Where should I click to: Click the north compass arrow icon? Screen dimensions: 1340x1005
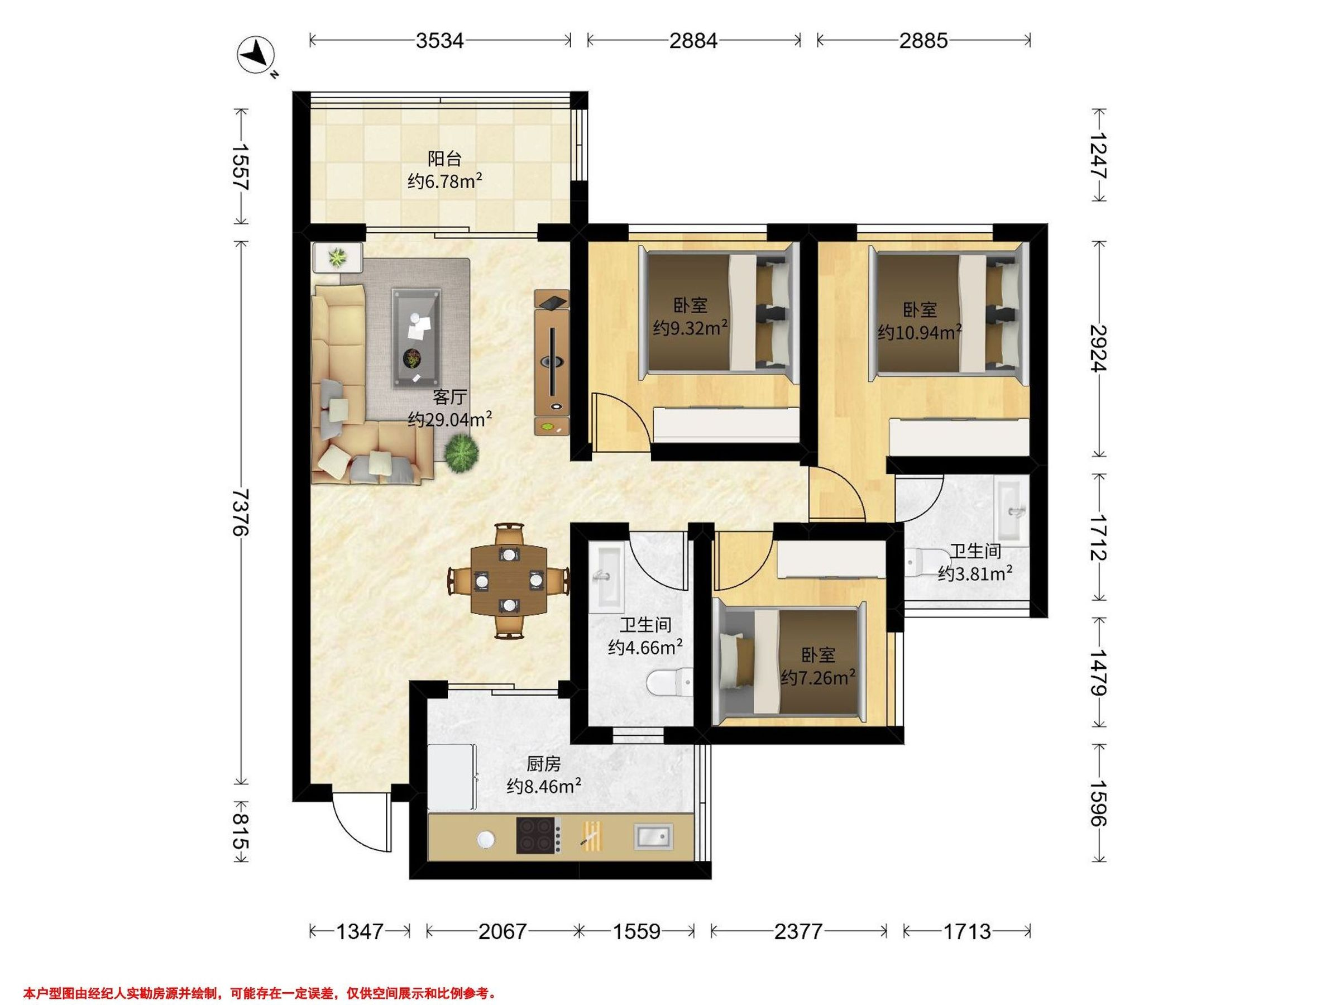pos(257,55)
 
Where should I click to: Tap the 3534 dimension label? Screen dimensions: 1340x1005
pos(440,41)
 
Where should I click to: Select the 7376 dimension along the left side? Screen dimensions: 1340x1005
pos(241,511)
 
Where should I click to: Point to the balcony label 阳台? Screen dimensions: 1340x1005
pos(444,159)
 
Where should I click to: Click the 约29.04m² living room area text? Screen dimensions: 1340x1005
pos(449,419)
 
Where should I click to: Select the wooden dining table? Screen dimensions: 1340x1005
pos(509,580)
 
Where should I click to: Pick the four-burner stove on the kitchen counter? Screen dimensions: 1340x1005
pos(538,836)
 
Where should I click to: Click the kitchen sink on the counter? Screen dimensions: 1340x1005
pos(653,836)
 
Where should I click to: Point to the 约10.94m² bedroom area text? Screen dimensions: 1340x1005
pos(920,332)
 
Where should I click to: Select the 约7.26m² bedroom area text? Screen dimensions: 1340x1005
pos(818,677)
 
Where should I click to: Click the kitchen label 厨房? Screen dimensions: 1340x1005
pos(543,764)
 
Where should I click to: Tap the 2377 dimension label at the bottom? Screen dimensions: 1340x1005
pos(798,931)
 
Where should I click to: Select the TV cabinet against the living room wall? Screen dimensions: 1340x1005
pos(552,362)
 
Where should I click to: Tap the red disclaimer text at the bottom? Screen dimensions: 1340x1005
pos(260,993)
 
